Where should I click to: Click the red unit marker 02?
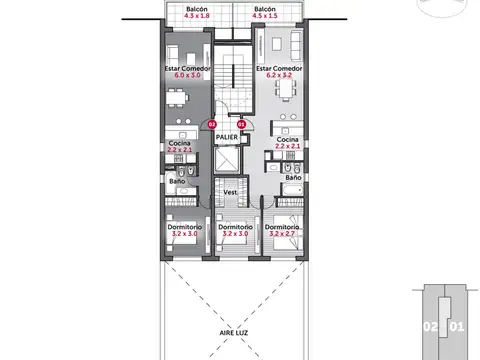[x=211, y=124]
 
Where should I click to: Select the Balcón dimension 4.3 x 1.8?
[x=190, y=17]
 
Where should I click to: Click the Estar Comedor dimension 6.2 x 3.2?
[x=280, y=75]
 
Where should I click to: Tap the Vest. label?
[x=229, y=191]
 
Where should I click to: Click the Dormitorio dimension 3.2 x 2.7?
[x=284, y=234]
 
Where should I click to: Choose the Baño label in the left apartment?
[x=175, y=181]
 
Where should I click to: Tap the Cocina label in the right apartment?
[x=288, y=140]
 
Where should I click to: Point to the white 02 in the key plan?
[x=428, y=326]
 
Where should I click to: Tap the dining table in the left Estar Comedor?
[x=177, y=98]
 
